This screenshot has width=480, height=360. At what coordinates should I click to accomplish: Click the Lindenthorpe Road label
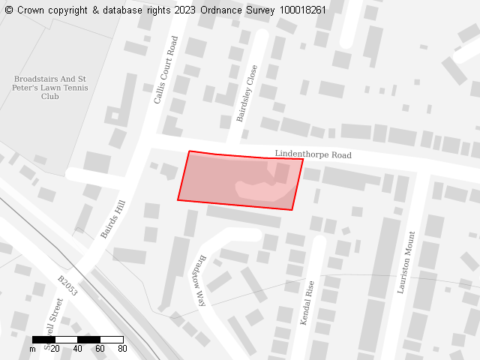point(313,154)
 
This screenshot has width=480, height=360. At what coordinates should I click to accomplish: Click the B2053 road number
point(67,286)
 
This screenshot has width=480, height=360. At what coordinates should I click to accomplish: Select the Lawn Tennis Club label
point(51,88)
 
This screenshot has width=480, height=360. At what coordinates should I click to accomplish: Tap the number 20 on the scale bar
point(55,349)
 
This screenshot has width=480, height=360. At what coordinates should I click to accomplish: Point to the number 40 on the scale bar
point(77,349)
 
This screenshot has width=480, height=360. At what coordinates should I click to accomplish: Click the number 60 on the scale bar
point(100,349)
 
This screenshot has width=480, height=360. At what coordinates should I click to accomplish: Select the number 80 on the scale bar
point(122,349)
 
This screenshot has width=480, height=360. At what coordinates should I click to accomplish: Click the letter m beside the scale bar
point(32,349)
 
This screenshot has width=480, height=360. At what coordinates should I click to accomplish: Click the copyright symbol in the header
point(9,10)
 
